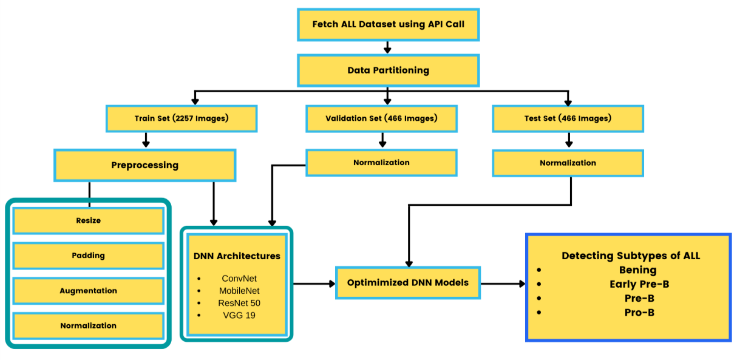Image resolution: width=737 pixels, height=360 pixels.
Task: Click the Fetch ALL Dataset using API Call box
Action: click(388, 25)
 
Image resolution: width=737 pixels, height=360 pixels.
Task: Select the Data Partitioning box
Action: click(388, 70)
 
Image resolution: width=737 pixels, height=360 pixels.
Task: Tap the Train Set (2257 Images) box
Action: click(182, 118)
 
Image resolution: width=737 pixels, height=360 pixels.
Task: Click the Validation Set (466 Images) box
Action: click(381, 118)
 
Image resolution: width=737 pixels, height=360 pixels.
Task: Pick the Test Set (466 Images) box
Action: click(568, 118)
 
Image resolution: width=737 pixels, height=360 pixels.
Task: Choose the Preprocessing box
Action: click(144, 165)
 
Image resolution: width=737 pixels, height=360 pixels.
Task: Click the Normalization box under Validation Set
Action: click(381, 163)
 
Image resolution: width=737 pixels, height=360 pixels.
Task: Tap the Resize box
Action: click(89, 221)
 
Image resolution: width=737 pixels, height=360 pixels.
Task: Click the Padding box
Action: click(89, 256)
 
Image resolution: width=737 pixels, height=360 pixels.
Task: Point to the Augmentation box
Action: click(89, 291)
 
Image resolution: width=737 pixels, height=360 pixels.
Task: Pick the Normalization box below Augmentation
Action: click(89, 326)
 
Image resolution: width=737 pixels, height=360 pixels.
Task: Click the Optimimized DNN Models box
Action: click(407, 283)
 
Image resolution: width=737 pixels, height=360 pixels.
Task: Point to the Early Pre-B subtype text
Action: click(639, 284)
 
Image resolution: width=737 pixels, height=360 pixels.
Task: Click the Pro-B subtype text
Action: click(639, 313)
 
